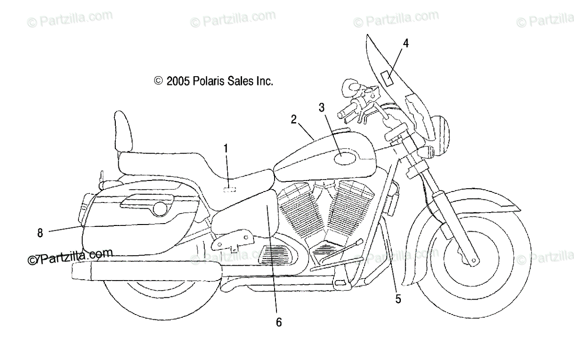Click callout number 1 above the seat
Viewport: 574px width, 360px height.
pyautogui.click(x=226, y=149)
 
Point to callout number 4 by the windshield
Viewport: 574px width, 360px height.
pyautogui.click(x=406, y=44)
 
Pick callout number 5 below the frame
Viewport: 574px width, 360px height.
pyautogui.click(x=398, y=300)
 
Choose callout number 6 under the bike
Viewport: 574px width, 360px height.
pyautogui.click(x=279, y=322)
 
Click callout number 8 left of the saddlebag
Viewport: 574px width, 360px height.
pyautogui.click(x=40, y=233)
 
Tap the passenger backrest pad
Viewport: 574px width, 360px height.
pyautogui.click(x=122, y=131)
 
